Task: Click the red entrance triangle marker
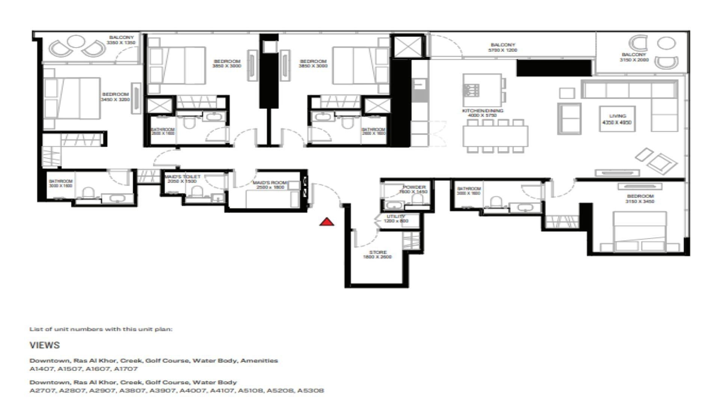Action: click(327, 222)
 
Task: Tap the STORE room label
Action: click(377, 255)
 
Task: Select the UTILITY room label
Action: click(396, 218)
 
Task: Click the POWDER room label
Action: click(414, 189)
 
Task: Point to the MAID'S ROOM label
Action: click(270, 185)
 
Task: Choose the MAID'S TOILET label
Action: click(183, 179)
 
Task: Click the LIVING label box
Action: click(617, 119)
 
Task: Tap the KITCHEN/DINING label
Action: click(483, 113)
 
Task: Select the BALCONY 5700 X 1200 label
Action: click(502, 47)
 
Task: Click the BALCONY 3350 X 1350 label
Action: click(121, 40)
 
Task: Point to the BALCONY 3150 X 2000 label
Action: click(634, 57)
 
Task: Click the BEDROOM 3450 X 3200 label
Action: click(115, 97)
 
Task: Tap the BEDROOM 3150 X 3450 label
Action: click(640, 198)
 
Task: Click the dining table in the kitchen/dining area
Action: click(495, 136)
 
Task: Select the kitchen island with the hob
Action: click(482, 90)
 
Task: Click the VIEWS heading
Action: click(45, 345)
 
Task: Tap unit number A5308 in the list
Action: click(310, 391)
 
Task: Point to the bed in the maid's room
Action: click(268, 198)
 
